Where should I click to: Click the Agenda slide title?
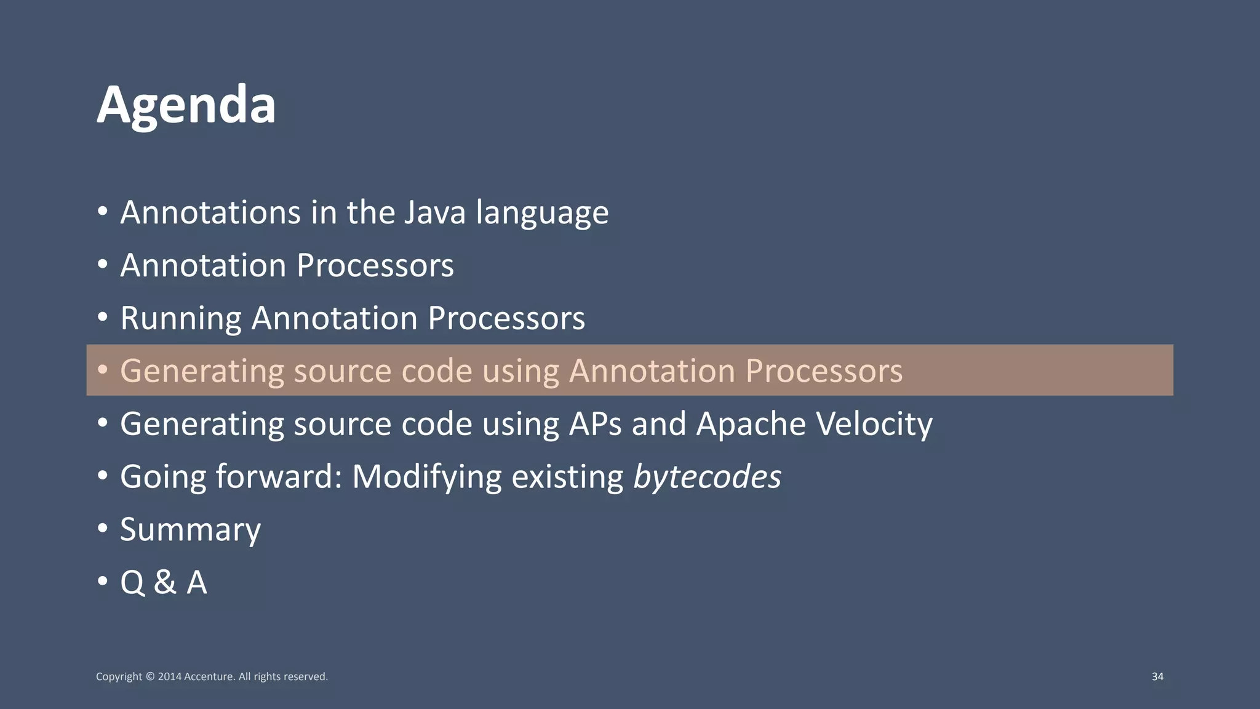186,105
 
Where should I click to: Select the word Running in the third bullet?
181,319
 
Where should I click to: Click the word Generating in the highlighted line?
202,371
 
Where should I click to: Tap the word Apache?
751,424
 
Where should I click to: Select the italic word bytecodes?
707,477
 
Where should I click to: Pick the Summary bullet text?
190,530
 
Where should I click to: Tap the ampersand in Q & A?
165,582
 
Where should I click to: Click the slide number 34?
1157,676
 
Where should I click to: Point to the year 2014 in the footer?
169,676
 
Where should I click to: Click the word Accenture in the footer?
209,676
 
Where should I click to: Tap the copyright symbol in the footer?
150,676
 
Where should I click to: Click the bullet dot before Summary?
103,528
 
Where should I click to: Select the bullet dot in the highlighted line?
103,369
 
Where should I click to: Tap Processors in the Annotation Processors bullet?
375,266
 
